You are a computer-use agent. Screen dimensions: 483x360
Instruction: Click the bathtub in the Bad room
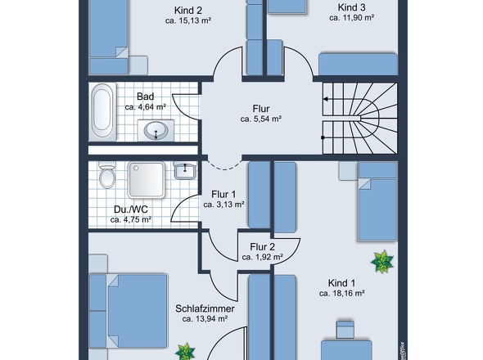click(102, 112)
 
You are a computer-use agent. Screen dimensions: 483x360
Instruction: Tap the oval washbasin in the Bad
click(156, 130)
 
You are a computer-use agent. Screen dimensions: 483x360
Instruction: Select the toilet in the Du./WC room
click(107, 175)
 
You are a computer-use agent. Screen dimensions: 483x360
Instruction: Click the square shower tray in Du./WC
click(147, 180)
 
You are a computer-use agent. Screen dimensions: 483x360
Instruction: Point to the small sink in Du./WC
click(185, 170)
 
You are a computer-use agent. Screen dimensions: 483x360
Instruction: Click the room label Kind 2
click(188, 11)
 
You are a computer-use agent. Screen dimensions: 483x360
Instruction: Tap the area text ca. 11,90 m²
click(351, 18)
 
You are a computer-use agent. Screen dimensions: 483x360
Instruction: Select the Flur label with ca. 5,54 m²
click(261, 109)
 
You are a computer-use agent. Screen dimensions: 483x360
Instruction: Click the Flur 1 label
click(223, 195)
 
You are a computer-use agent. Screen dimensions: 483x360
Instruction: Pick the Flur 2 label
click(262, 247)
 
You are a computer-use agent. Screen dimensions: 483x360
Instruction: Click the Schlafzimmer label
click(205, 308)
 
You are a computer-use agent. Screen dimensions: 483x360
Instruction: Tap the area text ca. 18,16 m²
click(341, 294)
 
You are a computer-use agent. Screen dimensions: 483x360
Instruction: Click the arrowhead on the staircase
click(325, 99)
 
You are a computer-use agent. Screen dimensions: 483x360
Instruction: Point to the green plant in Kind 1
click(382, 262)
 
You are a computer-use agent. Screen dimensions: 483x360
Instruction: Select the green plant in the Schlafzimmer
click(185, 352)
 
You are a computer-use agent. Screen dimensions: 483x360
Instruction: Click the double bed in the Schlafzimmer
click(129, 311)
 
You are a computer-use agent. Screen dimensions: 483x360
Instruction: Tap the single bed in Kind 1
click(377, 202)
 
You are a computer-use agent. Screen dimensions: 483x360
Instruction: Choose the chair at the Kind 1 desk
click(345, 330)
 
